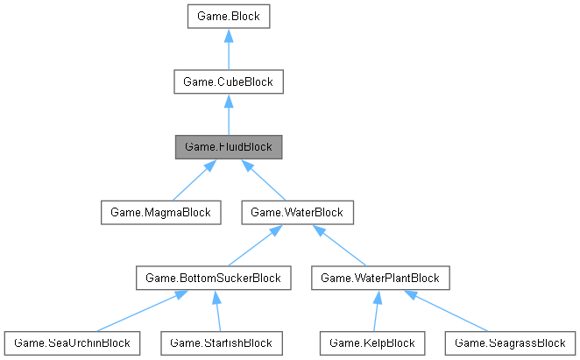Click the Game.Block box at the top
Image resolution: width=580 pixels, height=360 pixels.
click(228, 17)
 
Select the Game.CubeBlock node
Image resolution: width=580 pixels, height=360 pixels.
click(228, 81)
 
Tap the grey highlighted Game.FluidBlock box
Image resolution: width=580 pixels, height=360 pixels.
click(228, 146)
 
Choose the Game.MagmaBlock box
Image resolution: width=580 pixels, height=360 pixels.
click(158, 212)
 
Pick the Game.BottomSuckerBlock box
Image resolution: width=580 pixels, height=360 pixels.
click(214, 278)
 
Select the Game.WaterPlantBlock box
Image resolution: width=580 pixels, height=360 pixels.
click(381, 278)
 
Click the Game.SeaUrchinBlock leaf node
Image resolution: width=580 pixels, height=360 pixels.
click(72, 342)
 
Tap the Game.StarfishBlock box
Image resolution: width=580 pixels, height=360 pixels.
click(222, 342)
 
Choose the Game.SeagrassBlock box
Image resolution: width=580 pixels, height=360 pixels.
click(509, 342)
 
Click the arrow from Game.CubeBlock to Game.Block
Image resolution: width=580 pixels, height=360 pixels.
click(228, 49)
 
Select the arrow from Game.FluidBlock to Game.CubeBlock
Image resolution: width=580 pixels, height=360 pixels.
click(228, 114)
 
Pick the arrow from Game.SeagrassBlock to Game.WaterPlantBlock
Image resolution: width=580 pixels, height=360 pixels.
click(447, 311)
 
